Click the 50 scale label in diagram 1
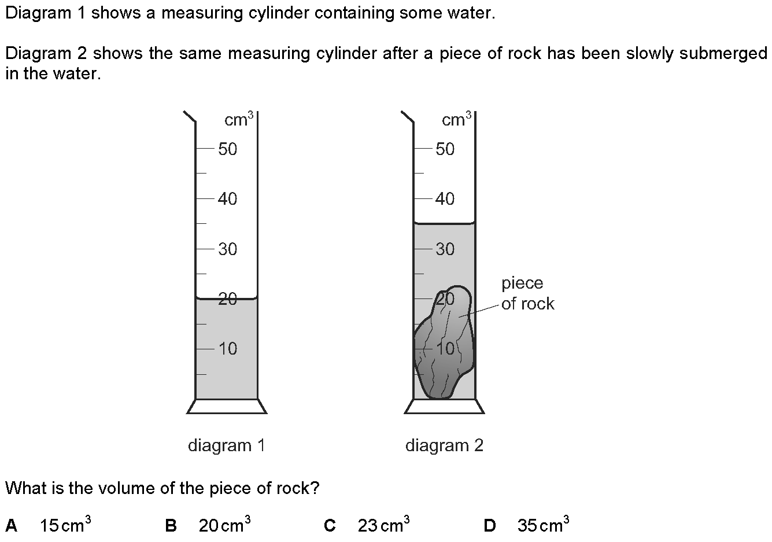pyautogui.click(x=228, y=149)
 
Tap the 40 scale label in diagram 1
pyautogui.click(x=228, y=199)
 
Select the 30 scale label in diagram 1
pyautogui.click(x=228, y=249)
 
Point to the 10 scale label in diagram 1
pyautogui.click(x=228, y=349)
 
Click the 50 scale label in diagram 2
pyautogui.click(x=445, y=149)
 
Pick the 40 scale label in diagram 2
pyautogui.click(x=445, y=199)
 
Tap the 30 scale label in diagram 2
pyautogui.click(x=445, y=249)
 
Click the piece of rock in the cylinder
pyautogui.click(x=444, y=347)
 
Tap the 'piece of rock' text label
pyautogui.click(x=527, y=294)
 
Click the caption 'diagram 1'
pyautogui.click(x=227, y=445)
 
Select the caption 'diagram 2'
pyautogui.click(x=444, y=445)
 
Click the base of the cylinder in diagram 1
pyautogui.click(x=227, y=407)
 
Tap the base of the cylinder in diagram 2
pyautogui.click(x=444, y=407)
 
